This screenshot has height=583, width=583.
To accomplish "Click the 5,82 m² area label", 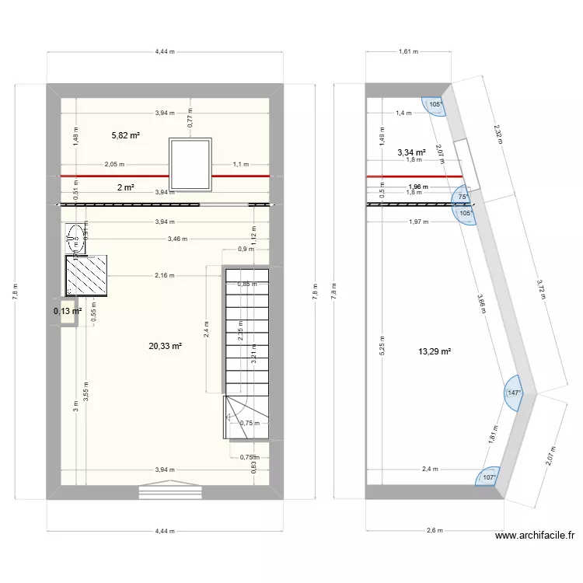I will [126, 135].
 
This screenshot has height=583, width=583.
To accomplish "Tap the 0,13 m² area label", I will [68, 312].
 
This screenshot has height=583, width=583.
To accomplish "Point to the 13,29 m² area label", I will [435, 352].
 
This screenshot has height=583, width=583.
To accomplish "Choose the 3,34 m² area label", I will [411, 153].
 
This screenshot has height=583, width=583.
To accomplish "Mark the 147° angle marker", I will [514, 393].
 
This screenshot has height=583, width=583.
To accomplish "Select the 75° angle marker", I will [463, 197].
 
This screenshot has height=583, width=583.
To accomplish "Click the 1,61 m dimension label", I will [408, 52].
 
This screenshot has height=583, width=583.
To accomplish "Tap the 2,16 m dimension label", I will [165, 275].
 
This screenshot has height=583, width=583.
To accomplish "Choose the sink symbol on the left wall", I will [76, 236].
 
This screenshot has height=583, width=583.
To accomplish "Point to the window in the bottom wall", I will [170, 491].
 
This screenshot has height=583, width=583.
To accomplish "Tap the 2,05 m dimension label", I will [115, 165].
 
